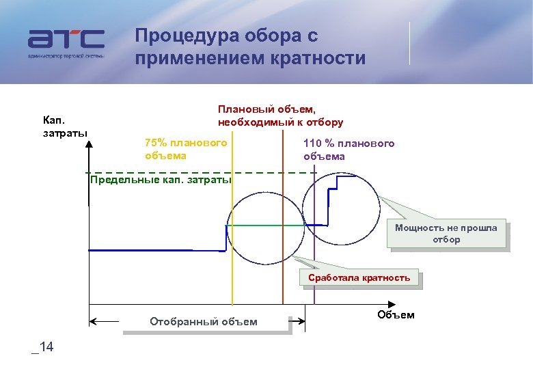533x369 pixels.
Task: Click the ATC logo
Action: click(x=66, y=43)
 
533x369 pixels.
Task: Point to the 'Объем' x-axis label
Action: click(x=395, y=314)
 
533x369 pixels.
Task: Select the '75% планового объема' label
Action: click(x=186, y=149)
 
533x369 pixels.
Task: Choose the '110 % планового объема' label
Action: click(x=349, y=150)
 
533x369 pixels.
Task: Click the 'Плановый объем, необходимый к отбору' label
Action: click(x=280, y=116)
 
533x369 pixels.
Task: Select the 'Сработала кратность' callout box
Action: click(x=359, y=277)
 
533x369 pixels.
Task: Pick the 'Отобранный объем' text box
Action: click(x=204, y=321)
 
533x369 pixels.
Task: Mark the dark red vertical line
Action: click(x=283, y=273)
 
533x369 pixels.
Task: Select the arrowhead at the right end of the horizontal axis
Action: click(x=391, y=305)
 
